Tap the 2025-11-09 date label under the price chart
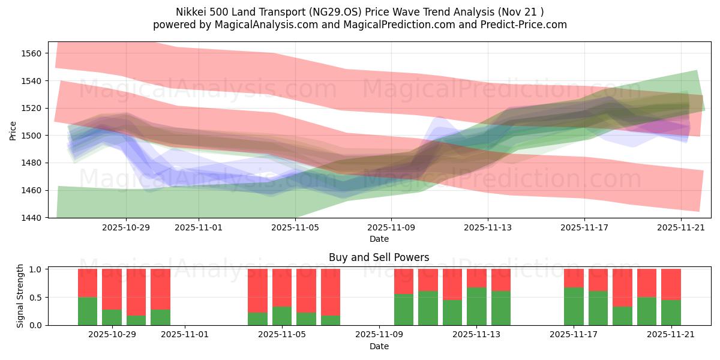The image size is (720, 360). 391,228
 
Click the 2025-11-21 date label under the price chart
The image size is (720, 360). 681,228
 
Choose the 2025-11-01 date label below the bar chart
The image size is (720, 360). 185,335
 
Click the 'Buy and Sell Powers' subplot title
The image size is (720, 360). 379,257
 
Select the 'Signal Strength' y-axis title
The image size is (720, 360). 20,296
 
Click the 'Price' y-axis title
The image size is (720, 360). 13,130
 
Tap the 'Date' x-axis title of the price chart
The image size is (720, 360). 379,239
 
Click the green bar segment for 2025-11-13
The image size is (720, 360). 476,306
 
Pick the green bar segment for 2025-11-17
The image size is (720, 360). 574,306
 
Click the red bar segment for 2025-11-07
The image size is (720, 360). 331,292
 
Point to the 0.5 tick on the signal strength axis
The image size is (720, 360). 35,298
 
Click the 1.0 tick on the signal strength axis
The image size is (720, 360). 35,269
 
